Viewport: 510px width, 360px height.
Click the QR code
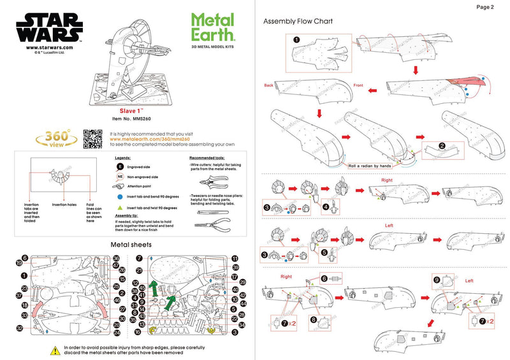pos(93,138)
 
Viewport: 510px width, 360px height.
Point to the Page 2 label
pos(484,8)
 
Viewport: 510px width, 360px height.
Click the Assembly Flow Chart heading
pos(298,22)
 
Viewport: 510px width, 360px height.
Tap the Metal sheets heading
pos(132,244)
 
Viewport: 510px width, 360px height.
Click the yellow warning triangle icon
pos(55,350)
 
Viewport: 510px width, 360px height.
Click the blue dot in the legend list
pos(119,198)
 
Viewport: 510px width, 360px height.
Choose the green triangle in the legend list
pos(119,208)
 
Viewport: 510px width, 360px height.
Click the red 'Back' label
pos(269,85)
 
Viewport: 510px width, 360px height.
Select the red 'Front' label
pos(358,85)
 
